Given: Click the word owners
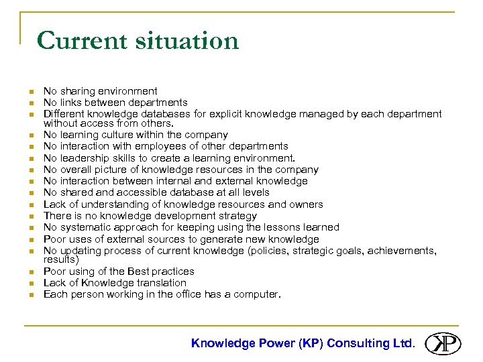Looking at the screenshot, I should point(307,204).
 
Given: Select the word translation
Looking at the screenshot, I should point(162,283).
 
